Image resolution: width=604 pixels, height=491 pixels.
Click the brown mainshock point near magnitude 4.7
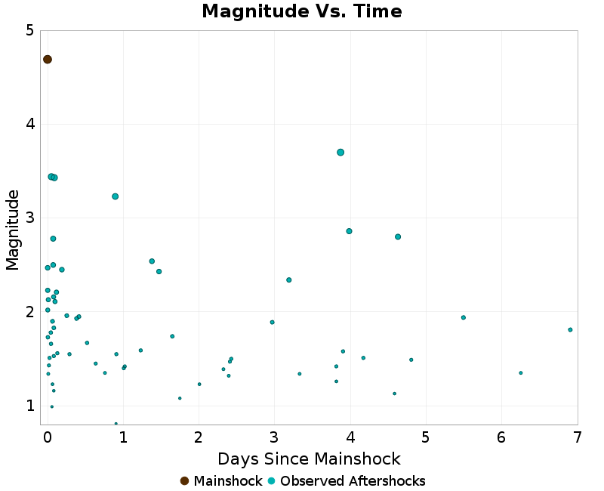[x=48, y=60]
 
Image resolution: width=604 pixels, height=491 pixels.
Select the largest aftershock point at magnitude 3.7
[x=341, y=152]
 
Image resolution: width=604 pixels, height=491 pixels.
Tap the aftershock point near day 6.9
[x=570, y=329]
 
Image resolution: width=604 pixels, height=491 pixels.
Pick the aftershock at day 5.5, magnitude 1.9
[x=464, y=317]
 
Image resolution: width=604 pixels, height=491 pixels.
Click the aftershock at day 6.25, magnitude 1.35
[x=521, y=372]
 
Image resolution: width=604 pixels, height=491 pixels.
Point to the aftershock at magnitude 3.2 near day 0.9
[x=116, y=196]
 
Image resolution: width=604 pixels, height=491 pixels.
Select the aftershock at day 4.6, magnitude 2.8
[x=398, y=236]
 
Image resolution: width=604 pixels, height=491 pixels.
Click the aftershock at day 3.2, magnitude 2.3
[x=289, y=279]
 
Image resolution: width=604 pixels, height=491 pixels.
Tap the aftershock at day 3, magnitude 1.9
[x=273, y=322]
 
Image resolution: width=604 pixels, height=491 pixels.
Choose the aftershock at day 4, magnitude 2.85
[x=350, y=231]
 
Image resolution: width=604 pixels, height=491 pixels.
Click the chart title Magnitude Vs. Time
[x=302, y=12]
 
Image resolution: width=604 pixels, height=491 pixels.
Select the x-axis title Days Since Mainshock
[x=309, y=459]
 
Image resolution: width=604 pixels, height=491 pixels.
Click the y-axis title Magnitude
[x=13, y=230]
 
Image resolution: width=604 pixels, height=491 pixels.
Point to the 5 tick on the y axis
[x=29, y=31]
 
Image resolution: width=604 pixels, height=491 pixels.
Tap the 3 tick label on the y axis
[x=29, y=218]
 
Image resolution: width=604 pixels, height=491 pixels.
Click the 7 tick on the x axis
[x=578, y=437]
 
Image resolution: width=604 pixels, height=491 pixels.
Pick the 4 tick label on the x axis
[x=350, y=437]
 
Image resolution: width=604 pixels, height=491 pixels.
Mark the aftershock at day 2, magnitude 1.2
[x=199, y=384]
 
